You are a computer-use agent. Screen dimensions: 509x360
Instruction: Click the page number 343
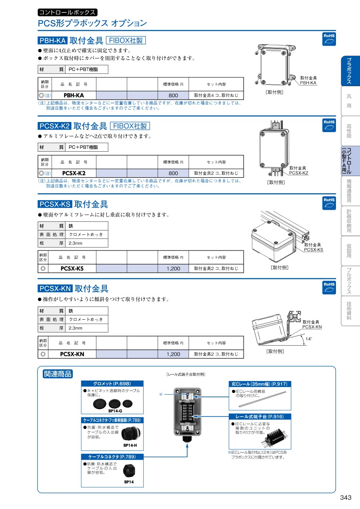[x=346, y=497]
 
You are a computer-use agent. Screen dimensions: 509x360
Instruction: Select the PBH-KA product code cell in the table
[x=74, y=95]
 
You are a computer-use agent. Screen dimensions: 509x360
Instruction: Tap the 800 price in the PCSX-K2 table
[x=173, y=173]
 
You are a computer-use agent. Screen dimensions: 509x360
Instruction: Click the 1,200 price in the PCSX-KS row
[x=173, y=269]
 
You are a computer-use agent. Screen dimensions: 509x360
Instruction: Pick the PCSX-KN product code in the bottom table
[x=72, y=354]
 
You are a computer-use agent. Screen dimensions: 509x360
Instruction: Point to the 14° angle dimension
[x=308, y=339]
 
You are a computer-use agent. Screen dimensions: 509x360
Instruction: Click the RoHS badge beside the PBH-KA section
[x=329, y=38]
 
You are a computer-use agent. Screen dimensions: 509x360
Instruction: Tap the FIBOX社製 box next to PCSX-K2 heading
[x=130, y=126]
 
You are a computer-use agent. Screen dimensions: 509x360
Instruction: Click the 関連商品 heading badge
[x=58, y=374]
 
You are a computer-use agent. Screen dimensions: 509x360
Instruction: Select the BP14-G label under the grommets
[x=115, y=411]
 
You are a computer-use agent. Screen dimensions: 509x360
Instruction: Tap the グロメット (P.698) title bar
[x=112, y=383]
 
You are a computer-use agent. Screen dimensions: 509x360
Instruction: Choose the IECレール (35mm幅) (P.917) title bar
[x=260, y=384]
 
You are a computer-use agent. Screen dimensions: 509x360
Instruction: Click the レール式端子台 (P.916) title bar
[x=260, y=417]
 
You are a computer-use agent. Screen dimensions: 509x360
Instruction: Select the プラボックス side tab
[x=349, y=71]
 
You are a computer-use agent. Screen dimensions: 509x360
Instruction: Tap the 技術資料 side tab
[x=349, y=311]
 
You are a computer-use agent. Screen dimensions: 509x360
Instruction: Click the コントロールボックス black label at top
[x=67, y=12]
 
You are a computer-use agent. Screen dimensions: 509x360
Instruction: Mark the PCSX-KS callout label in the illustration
[x=313, y=250]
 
